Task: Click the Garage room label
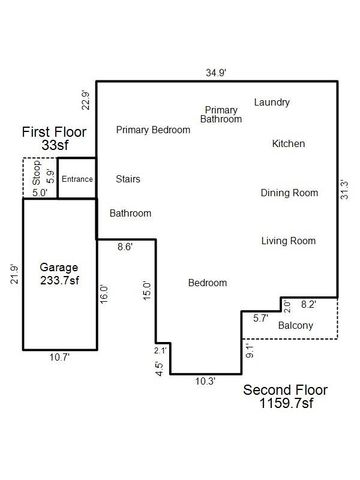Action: tap(59, 268)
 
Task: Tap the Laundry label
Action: tap(272, 102)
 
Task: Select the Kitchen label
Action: tap(288, 144)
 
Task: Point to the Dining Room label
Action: tap(288, 193)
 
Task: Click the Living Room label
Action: tap(288, 241)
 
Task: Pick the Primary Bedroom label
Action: tap(154, 130)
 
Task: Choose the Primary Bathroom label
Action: tap(221, 114)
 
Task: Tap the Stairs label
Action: tap(128, 180)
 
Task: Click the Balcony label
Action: tap(295, 326)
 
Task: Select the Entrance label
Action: tap(76, 179)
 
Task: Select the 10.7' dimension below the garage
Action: tap(59, 357)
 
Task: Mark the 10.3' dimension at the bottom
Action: tap(204, 381)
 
